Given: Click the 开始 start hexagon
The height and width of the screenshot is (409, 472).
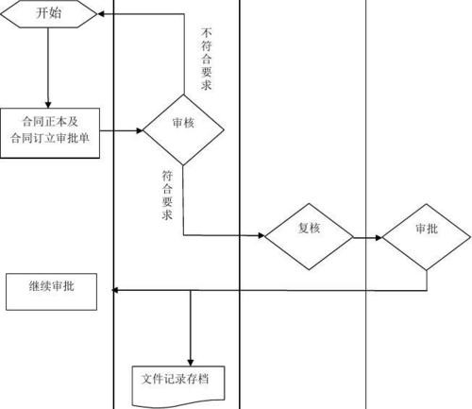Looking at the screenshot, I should coord(48,15).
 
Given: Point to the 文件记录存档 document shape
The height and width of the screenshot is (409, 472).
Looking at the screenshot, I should coord(177,381).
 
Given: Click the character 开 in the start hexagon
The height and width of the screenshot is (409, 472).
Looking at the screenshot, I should coord(41,15).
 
